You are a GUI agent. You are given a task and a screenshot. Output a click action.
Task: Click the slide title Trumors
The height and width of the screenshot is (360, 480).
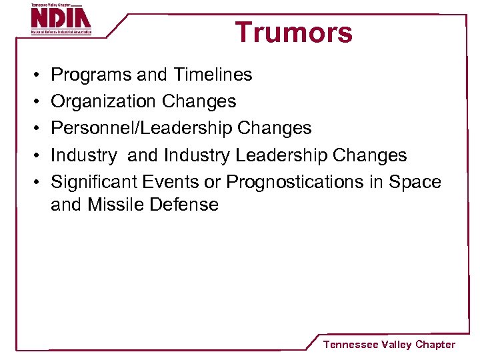tap(293, 32)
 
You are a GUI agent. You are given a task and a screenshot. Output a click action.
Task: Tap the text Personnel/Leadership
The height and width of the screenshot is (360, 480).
tap(141, 128)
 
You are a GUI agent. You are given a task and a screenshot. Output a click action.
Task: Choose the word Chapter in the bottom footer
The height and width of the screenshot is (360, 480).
tap(435, 345)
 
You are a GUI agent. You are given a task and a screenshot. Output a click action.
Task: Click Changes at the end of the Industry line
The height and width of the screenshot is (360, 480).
tap(368, 155)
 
